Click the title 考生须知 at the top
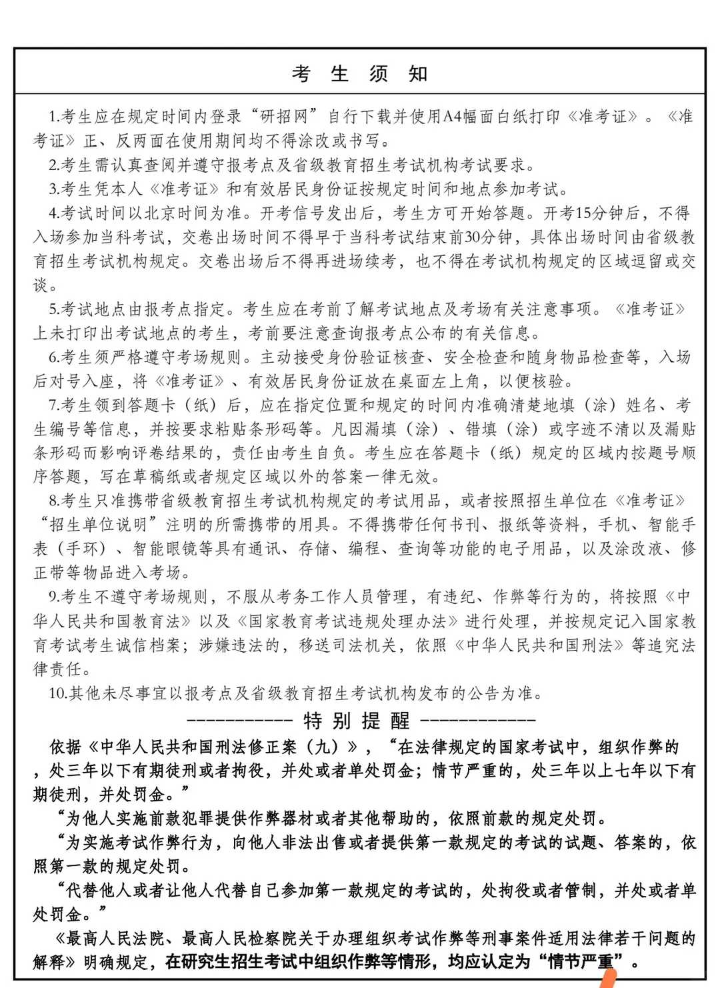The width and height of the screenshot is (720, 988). click(x=359, y=74)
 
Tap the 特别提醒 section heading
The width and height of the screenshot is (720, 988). click(x=357, y=721)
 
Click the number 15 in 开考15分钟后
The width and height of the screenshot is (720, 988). click(x=583, y=214)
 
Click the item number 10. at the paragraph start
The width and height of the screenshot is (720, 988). click(x=58, y=694)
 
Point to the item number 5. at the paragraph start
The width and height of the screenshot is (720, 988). click(x=54, y=310)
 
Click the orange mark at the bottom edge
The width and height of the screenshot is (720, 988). click(x=609, y=979)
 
